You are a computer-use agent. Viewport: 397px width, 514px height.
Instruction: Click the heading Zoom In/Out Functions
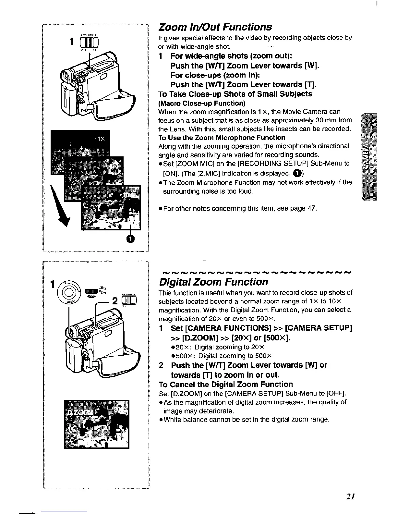coord(214,27)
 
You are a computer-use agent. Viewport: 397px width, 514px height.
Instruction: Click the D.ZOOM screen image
coord(97,424)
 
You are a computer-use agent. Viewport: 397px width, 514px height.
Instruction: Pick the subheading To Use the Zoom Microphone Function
coord(222,138)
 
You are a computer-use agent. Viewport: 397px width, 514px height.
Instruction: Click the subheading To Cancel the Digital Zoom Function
coord(225,385)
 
